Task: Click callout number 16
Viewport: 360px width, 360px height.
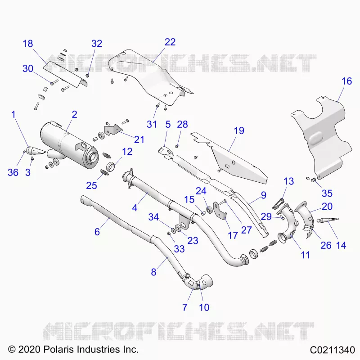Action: click(x=346, y=81)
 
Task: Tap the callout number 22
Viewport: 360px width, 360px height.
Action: click(x=170, y=42)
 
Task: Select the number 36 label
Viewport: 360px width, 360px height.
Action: click(x=13, y=172)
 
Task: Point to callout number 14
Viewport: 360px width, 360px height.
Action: click(x=341, y=245)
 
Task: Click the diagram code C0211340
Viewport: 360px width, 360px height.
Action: click(x=333, y=350)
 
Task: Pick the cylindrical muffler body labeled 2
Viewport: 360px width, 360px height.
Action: click(x=69, y=147)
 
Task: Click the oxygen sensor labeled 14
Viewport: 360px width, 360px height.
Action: click(x=328, y=220)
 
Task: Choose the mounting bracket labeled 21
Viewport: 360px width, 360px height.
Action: click(x=113, y=130)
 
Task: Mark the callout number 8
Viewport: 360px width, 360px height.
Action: click(x=153, y=272)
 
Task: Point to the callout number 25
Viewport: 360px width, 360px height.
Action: click(x=92, y=185)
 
